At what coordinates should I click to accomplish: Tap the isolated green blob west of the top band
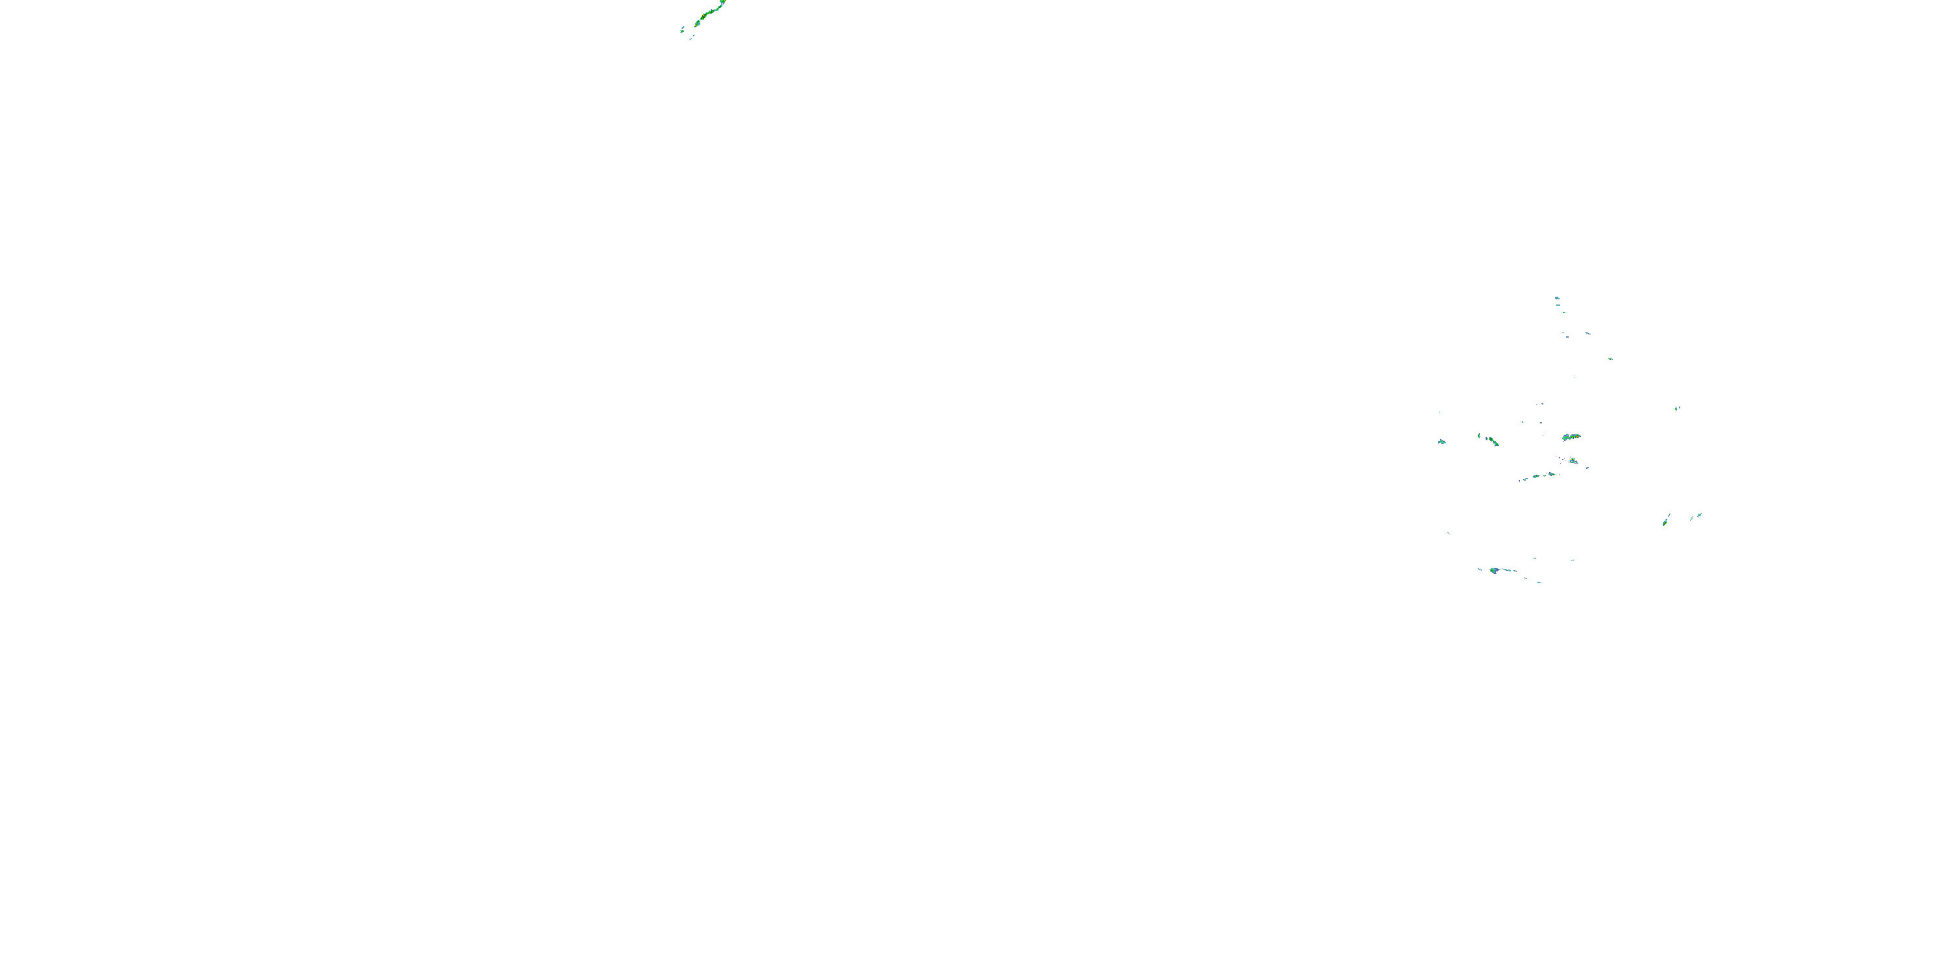coord(683,32)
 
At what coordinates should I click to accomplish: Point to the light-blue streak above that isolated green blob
coord(683,27)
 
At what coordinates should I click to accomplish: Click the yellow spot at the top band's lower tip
coord(696,26)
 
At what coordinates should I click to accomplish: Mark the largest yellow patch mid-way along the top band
coord(704,15)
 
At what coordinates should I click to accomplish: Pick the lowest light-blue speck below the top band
coord(691,40)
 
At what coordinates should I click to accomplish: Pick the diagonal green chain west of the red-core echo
coord(1493,442)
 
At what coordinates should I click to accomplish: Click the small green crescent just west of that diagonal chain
coord(1479,436)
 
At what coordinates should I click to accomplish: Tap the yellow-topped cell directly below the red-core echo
coord(1573,460)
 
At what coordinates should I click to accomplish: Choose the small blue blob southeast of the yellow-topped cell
coord(1587,468)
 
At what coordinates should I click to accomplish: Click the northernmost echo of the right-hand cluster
coord(1557,299)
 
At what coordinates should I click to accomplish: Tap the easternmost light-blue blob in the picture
coord(1700,516)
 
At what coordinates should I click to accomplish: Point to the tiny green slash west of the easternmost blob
coord(1693,519)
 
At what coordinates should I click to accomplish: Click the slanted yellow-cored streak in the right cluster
coord(1665,524)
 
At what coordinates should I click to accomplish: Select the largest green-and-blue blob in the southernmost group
coord(1493,571)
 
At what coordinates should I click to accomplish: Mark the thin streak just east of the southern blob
coord(1506,570)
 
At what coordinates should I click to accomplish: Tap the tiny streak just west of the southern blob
coord(1480,569)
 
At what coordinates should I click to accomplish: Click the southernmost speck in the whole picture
coord(1539,582)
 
